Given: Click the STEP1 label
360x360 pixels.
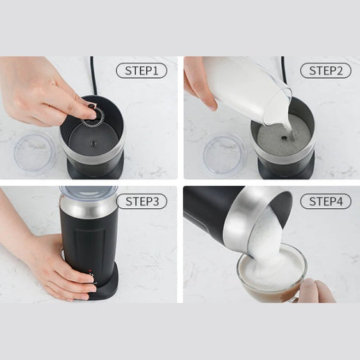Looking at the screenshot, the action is pyautogui.click(x=142, y=70).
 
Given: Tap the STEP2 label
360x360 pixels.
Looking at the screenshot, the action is pyautogui.click(x=326, y=70).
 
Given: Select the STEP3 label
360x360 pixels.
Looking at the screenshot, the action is pyautogui.click(x=142, y=201).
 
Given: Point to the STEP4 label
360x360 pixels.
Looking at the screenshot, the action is pyautogui.click(x=326, y=201).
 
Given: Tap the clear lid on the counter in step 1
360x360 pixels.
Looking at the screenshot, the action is pyautogui.click(x=35, y=153).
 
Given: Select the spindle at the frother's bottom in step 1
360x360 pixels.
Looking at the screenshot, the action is pyautogui.click(x=94, y=143).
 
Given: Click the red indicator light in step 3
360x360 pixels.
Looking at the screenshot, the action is pyautogui.click(x=90, y=271).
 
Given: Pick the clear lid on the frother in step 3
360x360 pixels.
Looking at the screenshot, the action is pyautogui.click(x=88, y=192).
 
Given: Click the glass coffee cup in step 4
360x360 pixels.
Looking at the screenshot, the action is pyautogui.click(x=272, y=275).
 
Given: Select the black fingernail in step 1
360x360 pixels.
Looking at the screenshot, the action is pyautogui.click(x=92, y=106).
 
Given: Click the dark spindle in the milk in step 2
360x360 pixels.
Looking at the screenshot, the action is pyautogui.click(x=284, y=138).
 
